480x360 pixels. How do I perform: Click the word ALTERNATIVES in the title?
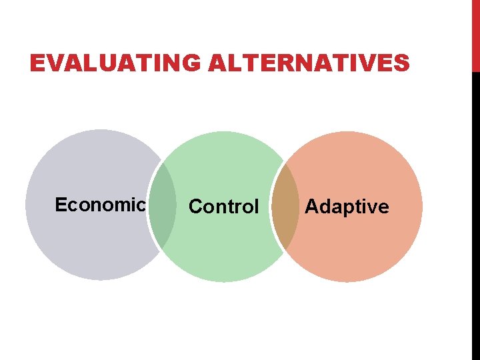[308, 64]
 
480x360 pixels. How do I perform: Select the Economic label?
[99, 205]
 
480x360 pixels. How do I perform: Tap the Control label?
[223, 207]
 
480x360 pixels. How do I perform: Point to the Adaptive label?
[347, 207]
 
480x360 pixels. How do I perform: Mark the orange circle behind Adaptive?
[360, 253]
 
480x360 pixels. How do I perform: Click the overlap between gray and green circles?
[162, 207]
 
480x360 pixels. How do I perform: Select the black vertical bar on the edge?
[475, 213]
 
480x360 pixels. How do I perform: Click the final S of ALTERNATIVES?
[401, 64]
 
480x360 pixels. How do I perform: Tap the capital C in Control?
[195, 207]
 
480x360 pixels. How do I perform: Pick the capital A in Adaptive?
[311, 207]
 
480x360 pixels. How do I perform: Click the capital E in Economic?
[60, 205]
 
